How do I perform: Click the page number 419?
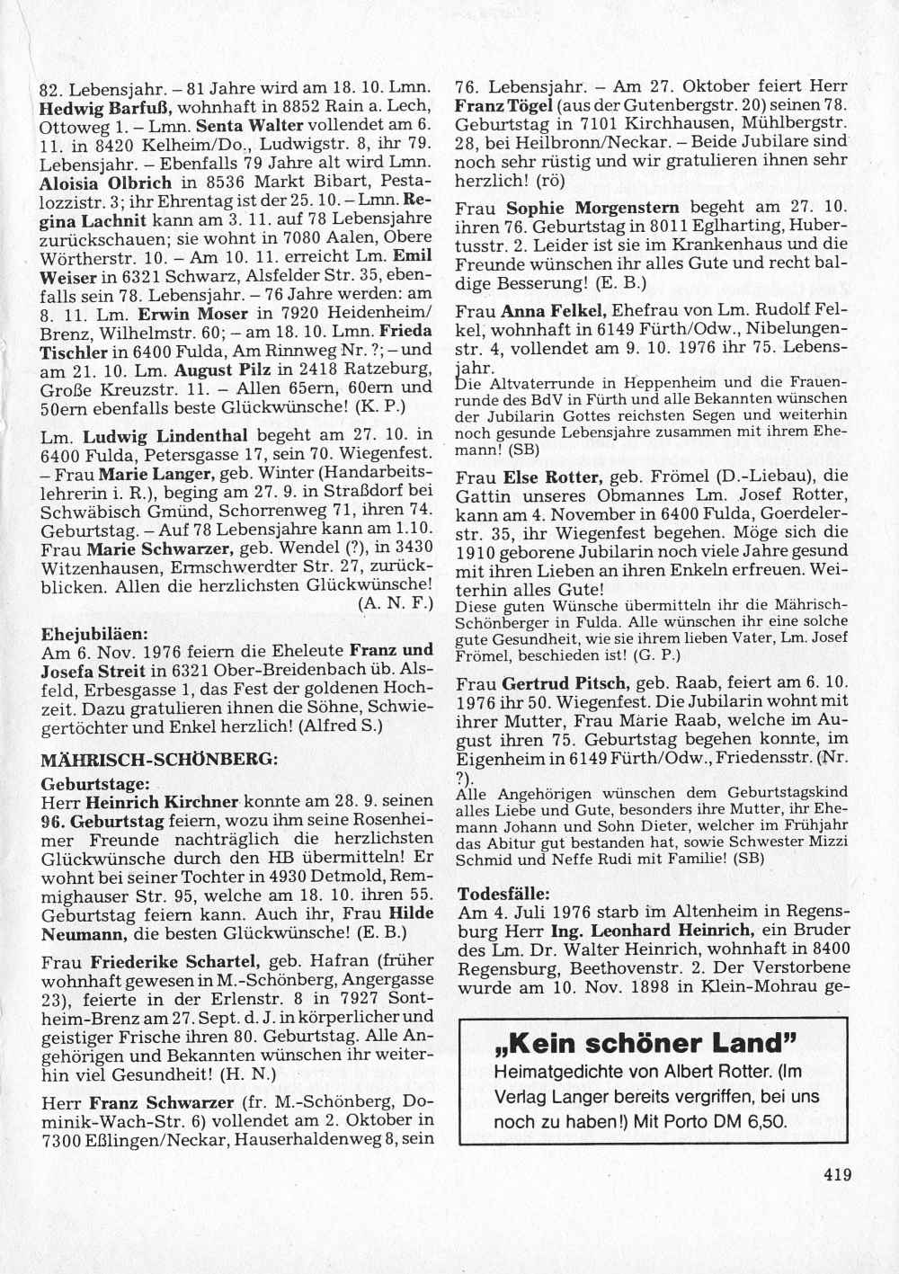tap(835, 1173)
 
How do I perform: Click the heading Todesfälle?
tap(503, 895)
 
